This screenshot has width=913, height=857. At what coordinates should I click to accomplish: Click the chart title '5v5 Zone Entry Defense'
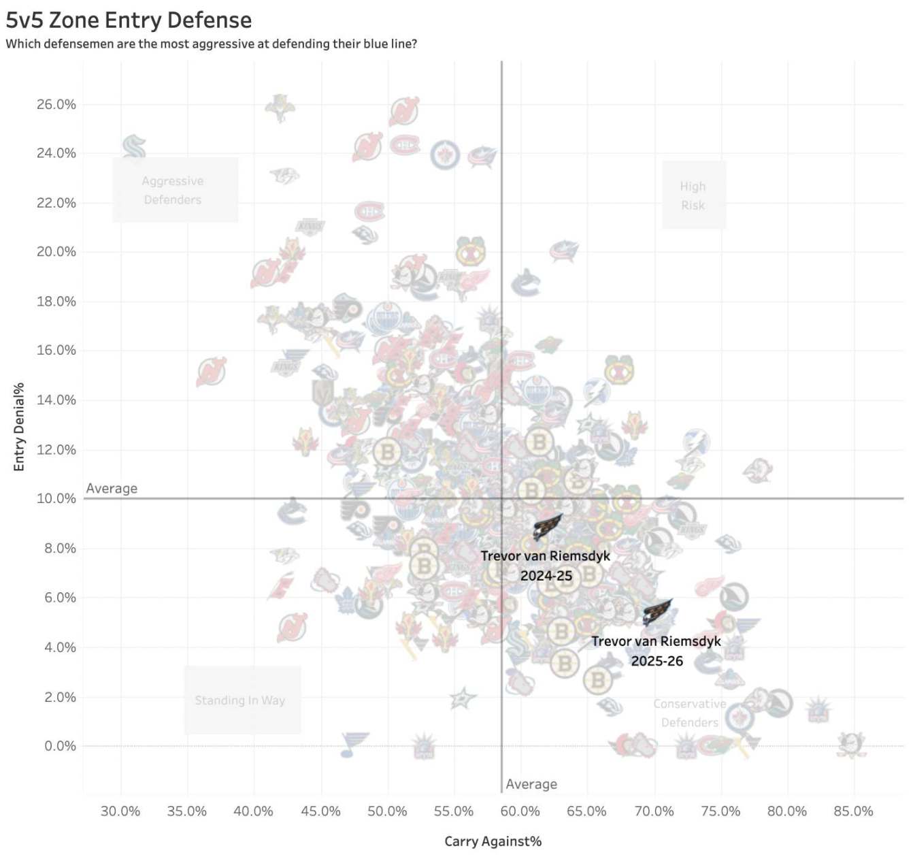pyautogui.click(x=129, y=20)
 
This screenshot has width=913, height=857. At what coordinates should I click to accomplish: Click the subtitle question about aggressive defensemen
pyautogui.click(x=211, y=44)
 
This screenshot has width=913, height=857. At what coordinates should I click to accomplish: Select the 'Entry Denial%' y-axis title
pyautogui.click(x=19, y=427)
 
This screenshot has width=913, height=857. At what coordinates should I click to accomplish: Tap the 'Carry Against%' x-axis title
pyautogui.click(x=493, y=841)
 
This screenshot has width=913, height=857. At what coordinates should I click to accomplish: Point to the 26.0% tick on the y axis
pyautogui.click(x=56, y=104)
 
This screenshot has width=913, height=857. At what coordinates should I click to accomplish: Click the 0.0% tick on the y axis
pyautogui.click(x=60, y=746)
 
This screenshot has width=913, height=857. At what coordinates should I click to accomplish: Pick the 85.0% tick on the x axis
pyautogui.click(x=853, y=811)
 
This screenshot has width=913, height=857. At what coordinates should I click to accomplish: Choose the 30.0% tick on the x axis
pyautogui.click(x=120, y=811)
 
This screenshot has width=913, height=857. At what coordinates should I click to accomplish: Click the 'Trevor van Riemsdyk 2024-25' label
pyautogui.click(x=545, y=566)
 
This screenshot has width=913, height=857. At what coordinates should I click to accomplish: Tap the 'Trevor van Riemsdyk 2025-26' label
pyautogui.click(x=656, y=651)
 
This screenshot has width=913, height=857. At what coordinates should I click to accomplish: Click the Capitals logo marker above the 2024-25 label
pyautogui.click(x=547, y=527)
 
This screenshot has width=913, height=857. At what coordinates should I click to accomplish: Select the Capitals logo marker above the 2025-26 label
pyautogui.click(x=657, y=612)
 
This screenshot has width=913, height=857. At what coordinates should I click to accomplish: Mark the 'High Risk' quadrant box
pyautogui.click(x=693, y=195)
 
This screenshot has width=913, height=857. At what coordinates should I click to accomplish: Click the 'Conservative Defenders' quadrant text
pyautogui.click(x=689, y=713)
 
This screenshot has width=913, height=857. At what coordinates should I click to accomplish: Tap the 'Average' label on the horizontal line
pyautogui.click(x=112, y=489)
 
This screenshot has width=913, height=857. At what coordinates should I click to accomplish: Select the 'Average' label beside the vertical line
pyautogui.click(x=531, y=784)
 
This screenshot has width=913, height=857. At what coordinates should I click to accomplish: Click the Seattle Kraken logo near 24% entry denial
pyautogui.click(x=134, y=146)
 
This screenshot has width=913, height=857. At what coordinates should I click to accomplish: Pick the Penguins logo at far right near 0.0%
pyautogui.click(x=850, y=744)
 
